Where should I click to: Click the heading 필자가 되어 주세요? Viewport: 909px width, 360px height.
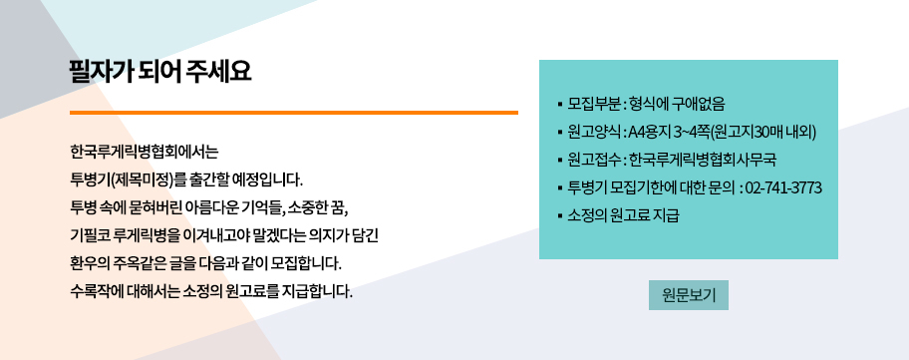[x=160, y=72]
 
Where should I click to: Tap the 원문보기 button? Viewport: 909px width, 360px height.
[x=689, y=295]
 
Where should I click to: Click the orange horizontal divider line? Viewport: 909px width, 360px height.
[x=294, y=113]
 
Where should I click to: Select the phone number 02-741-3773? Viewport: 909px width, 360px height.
[x=783, y=187]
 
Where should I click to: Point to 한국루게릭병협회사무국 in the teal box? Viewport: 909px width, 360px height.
[x=703, y=160]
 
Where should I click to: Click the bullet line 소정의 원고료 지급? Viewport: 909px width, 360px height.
[x=623, y=215]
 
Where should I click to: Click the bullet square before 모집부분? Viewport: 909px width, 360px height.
[x=560, y=105]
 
